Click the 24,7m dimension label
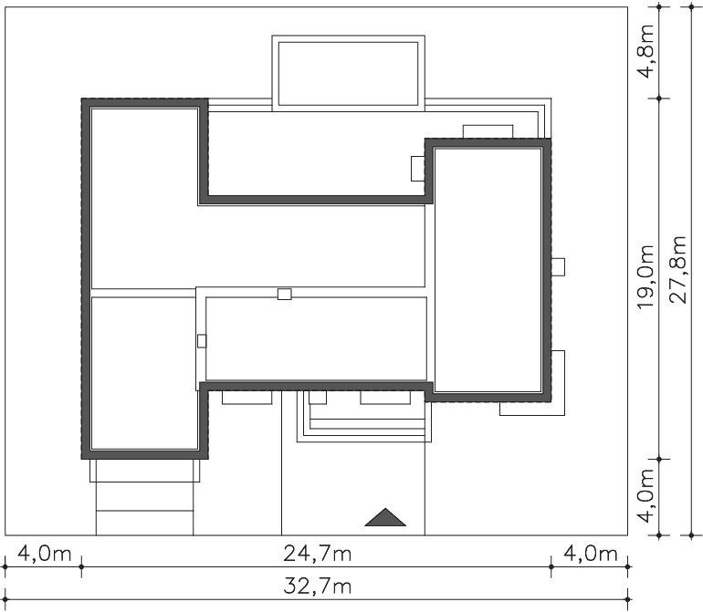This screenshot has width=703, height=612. [317, 555]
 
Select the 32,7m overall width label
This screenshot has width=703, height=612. [317, 586]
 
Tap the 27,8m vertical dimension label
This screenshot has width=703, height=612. [679, 270]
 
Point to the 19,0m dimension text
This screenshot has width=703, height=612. [646, 277]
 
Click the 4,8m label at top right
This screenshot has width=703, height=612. [646, 51]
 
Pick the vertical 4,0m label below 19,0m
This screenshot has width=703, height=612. [646, 496]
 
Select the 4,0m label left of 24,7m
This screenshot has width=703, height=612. [45, 555]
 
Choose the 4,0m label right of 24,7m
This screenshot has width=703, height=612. [591, 555]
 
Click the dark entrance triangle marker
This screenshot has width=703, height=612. [385, 517]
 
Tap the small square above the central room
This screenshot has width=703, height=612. [284, 294]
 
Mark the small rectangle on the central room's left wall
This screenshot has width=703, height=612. [202, 341]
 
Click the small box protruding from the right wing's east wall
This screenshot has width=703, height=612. [558, 267]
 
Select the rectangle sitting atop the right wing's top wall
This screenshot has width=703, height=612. [488, 131]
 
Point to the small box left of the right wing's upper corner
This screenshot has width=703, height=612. [418, 169]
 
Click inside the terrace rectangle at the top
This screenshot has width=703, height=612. [349, 74]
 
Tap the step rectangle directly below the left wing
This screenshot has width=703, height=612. [144, 471]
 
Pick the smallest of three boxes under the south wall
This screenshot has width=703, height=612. [318, 398]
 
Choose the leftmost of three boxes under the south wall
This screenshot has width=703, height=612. [247, 398]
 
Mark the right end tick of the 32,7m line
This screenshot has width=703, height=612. [628, 599]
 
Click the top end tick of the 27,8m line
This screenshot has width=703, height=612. [691, 7]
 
